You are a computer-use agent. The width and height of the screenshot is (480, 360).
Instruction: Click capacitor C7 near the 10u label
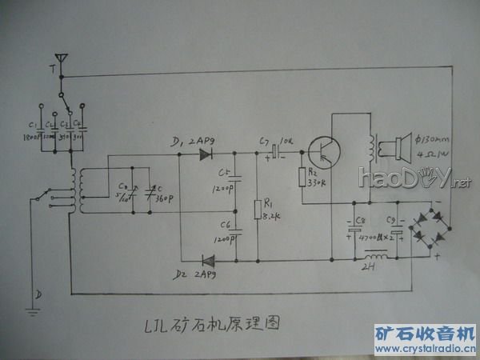click(x=275, y=150)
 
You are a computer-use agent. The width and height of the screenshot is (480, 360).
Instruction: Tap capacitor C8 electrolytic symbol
click(x=352, y=231)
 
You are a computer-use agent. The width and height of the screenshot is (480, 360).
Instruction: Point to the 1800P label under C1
click(x=32, y=135)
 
